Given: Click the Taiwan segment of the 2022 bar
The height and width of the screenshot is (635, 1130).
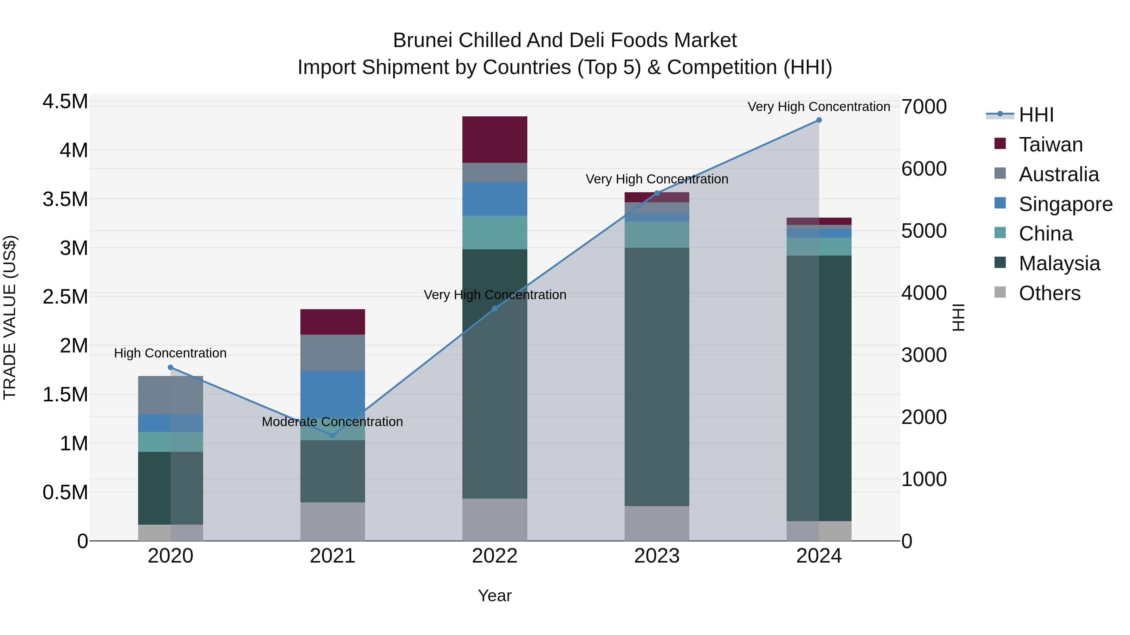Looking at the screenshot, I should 494,139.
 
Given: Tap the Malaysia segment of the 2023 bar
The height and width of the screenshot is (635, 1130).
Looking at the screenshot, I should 657,377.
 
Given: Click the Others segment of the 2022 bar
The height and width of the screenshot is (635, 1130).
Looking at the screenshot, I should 494,519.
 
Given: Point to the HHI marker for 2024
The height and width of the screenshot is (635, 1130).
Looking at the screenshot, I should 819,120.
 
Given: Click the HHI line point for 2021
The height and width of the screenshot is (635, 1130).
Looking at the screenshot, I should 332,435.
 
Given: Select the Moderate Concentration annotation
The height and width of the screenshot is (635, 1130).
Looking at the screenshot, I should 332,421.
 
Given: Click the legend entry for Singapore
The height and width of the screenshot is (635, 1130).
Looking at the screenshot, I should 1065,204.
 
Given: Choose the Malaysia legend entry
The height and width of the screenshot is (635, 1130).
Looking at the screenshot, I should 1059,263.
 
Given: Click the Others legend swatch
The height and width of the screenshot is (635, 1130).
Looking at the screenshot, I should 1000,292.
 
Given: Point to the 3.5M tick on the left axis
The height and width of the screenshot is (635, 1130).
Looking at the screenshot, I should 65,199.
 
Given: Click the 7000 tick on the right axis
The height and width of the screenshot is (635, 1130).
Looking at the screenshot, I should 924,107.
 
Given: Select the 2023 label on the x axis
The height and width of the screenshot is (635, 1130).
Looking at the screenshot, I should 657,556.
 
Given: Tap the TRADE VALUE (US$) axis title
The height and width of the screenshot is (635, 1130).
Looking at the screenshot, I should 10,317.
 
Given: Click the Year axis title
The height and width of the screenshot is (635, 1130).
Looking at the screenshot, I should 494,595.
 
